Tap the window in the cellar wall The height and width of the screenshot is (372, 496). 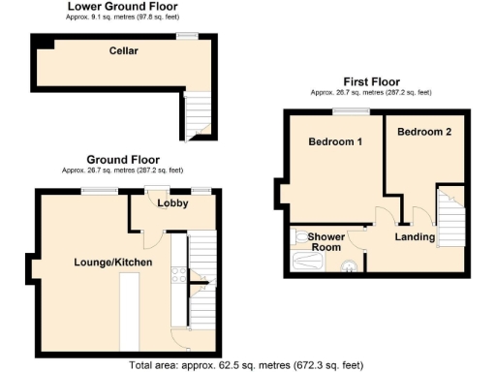pos(187,37)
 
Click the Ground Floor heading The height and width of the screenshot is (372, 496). pos(123,159)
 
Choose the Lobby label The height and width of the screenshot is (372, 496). pos(172,202)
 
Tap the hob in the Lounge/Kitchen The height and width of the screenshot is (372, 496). pos(178,274)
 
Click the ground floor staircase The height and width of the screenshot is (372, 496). pos(201,281)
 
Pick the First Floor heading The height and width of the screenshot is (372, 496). pos(371,82)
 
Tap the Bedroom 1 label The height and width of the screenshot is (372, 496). pos(335,142)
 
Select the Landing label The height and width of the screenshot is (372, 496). pos(413,235)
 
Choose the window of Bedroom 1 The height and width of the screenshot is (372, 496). pos(355,111)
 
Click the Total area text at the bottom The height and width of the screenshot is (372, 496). pos(248,365)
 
